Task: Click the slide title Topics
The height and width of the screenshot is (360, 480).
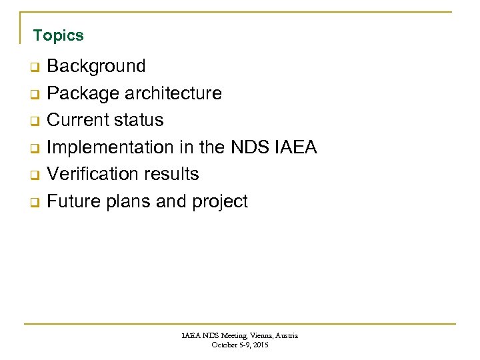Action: pyautogui.click(x=59, y=35)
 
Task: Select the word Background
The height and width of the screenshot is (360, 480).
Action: pyautogui.click(x=96, y=66)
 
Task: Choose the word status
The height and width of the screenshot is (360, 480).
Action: pyautogui.click(x=138, y=120)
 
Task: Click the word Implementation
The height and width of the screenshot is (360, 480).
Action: pyautogui.click(x=110, y=147)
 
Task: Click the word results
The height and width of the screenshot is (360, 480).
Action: pyautogui.click(x=172, y=174)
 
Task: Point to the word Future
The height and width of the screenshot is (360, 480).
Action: pyautogui.click(x=73, y=201)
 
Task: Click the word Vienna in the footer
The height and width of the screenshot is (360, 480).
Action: pyautogui.click(x=254, y=336)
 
